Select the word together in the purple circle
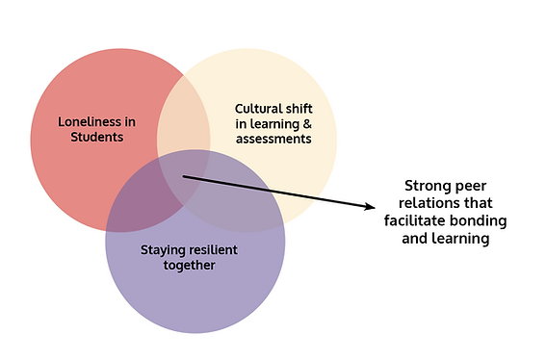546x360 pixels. coord(189,265)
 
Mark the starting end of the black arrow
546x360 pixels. coord(183,176)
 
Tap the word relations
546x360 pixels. coord(436,203)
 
